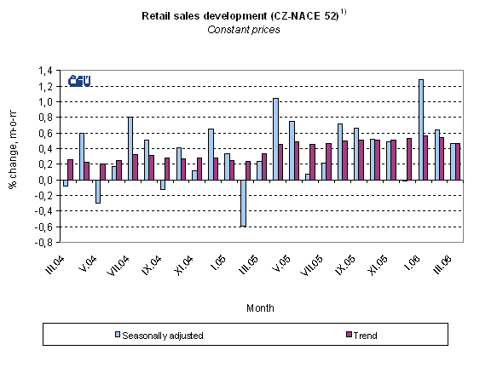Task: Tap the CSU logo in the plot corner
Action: pyautogui.click(x=79, y=83)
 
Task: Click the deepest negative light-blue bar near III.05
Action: pyautogui.click(x=243, y=203)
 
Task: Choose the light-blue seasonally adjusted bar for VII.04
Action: pyautogui.click(x=130, y=148)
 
